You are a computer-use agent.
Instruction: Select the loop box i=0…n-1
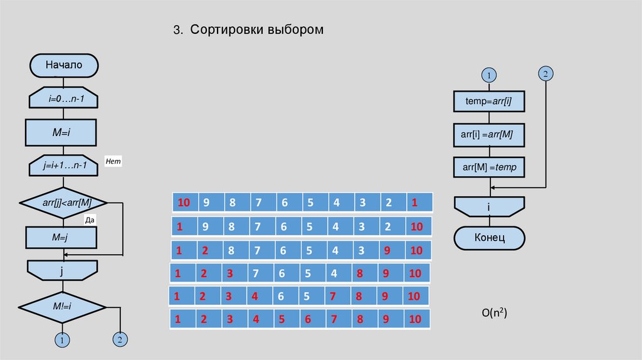pyautogui.click(x=63, y=98)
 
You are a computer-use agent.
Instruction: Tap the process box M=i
pyautogui.click(x=61, y=132)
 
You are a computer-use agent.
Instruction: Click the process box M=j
pyautogui.click(x=61, y=238)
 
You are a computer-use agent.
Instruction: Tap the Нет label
pyautogui.click(x=113, y=161)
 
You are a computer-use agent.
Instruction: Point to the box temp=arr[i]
pyautogui.click(x=488, y=101)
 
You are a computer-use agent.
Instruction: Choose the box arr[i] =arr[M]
pyautogui.click(x=488, y=134)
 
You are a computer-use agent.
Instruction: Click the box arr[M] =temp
pyautogui.click(x=488, y=167)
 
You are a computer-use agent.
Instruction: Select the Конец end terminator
pyautogui.click(x=489, y=238)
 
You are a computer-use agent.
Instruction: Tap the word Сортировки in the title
pyautogui.click(x=227, y=30)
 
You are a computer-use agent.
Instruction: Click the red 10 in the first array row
pyautogui.click(x=183, y=203)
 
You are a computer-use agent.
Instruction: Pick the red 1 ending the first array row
pyautogui.click(x=414, y=203)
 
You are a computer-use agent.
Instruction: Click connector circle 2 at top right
pyautogui.click(x=545, y=74)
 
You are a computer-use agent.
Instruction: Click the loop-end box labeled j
pyautogui.click(x=63, y=272)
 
